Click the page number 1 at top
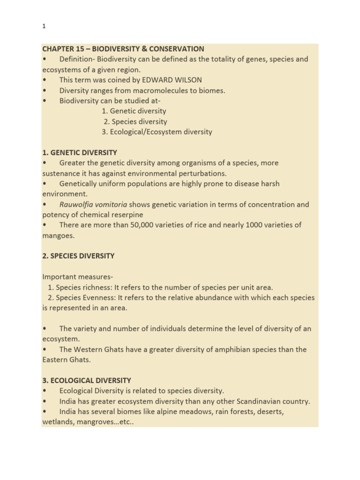[x=44, y=27]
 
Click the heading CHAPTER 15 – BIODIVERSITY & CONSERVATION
[x=123, y=49]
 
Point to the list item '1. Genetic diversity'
[x=134, y=111]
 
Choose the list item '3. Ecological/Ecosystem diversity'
[x=157, y=132]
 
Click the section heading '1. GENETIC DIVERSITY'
[x=80, y=152]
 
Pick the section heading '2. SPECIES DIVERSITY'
[x=78, y=256]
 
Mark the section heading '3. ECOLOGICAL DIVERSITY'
[x=87, y=380]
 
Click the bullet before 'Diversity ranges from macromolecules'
[x=45, y=90]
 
